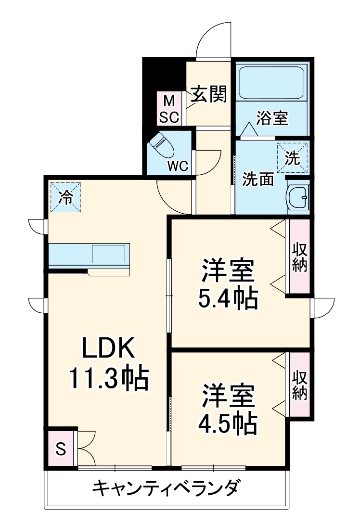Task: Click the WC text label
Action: point(178,167)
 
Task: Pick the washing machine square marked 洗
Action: point(292,156)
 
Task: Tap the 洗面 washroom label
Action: point(258,179)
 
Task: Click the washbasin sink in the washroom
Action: point(297,196)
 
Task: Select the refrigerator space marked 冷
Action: point(66,196)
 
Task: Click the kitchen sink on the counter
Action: point(110,253)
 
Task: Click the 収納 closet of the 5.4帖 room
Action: point(299,256)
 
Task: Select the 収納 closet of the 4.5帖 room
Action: point(299,385)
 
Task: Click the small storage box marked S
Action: point(61,449)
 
